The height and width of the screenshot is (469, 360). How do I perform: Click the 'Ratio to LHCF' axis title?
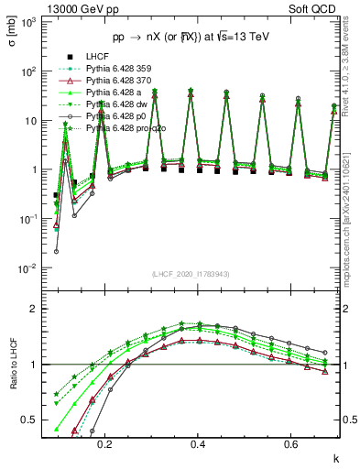(x=11, y=378)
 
